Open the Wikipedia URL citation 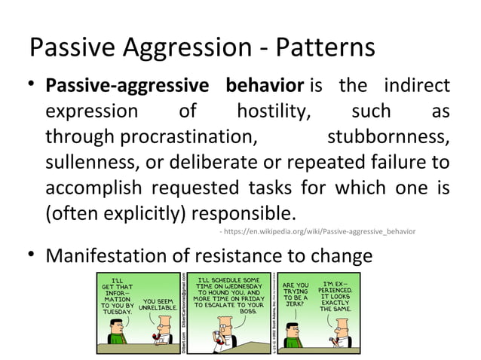tap(317, 230)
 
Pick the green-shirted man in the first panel tap(115, 332)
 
